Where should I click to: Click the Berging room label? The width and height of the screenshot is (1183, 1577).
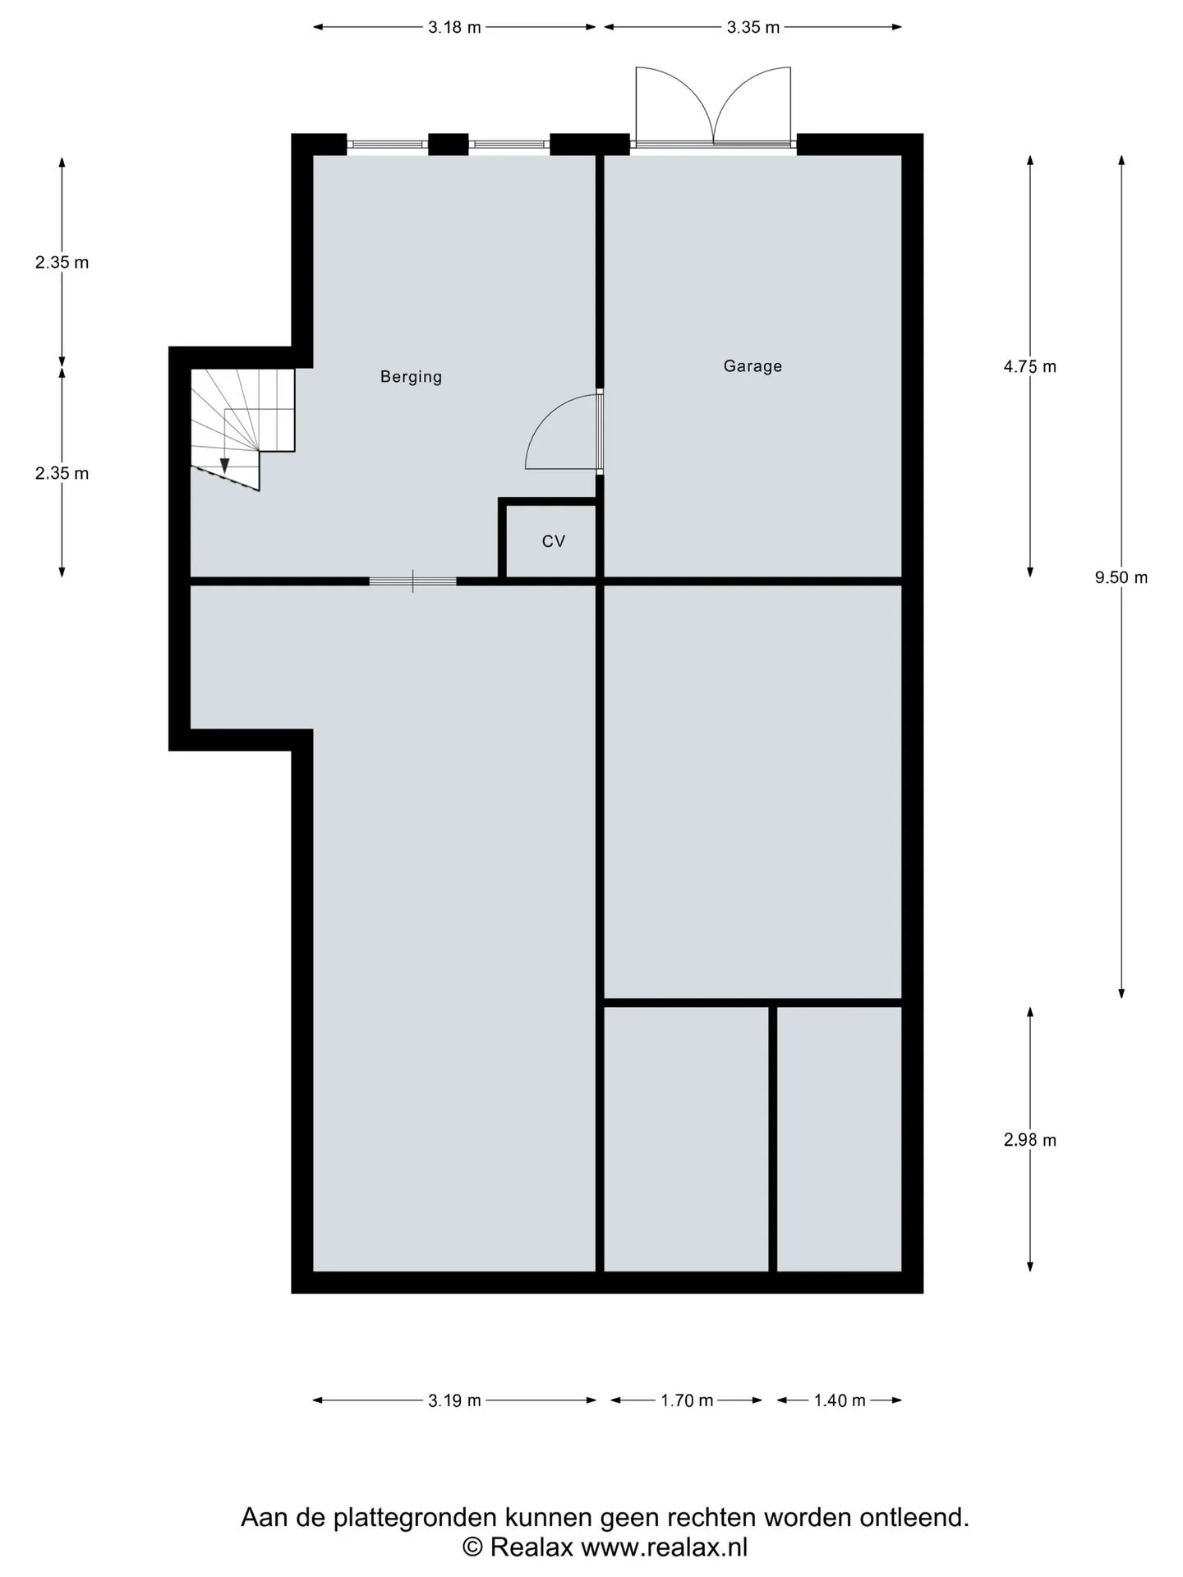[x=411, y=377]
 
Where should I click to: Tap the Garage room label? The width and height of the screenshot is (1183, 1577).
[x=753, y=366]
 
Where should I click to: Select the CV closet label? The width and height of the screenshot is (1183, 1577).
[x=554, y=541]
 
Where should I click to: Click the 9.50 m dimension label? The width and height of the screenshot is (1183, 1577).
[x=1121, y=577]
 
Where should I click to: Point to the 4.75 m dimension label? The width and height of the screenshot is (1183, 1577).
[x=1030, y=366]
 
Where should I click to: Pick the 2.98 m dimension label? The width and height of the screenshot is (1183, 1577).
[x=1030, y=1139]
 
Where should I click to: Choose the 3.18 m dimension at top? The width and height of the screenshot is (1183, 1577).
[x=454, y=27]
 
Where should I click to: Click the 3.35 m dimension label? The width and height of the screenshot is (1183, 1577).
[x=753, y=27]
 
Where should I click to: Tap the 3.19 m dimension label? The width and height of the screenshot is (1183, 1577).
[x=454, y=1400]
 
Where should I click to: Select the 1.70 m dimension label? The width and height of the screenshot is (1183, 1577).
[x=687, y=1400]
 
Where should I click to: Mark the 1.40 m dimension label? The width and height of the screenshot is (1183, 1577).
[x=840, y=1400]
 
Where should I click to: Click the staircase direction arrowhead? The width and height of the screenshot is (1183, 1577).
[x=224, y=466]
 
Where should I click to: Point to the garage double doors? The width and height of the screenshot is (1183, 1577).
[x=713, y=107]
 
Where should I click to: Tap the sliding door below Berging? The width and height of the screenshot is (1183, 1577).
[x=412, y=582]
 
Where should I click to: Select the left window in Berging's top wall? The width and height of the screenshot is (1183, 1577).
[x=388, y=145]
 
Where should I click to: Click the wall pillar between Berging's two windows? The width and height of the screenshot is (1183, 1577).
[x=449, y=145]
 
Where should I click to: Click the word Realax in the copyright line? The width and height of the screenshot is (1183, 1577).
[x=532, y=1547]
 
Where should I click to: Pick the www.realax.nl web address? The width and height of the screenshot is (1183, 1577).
[x=665, y=1547]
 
